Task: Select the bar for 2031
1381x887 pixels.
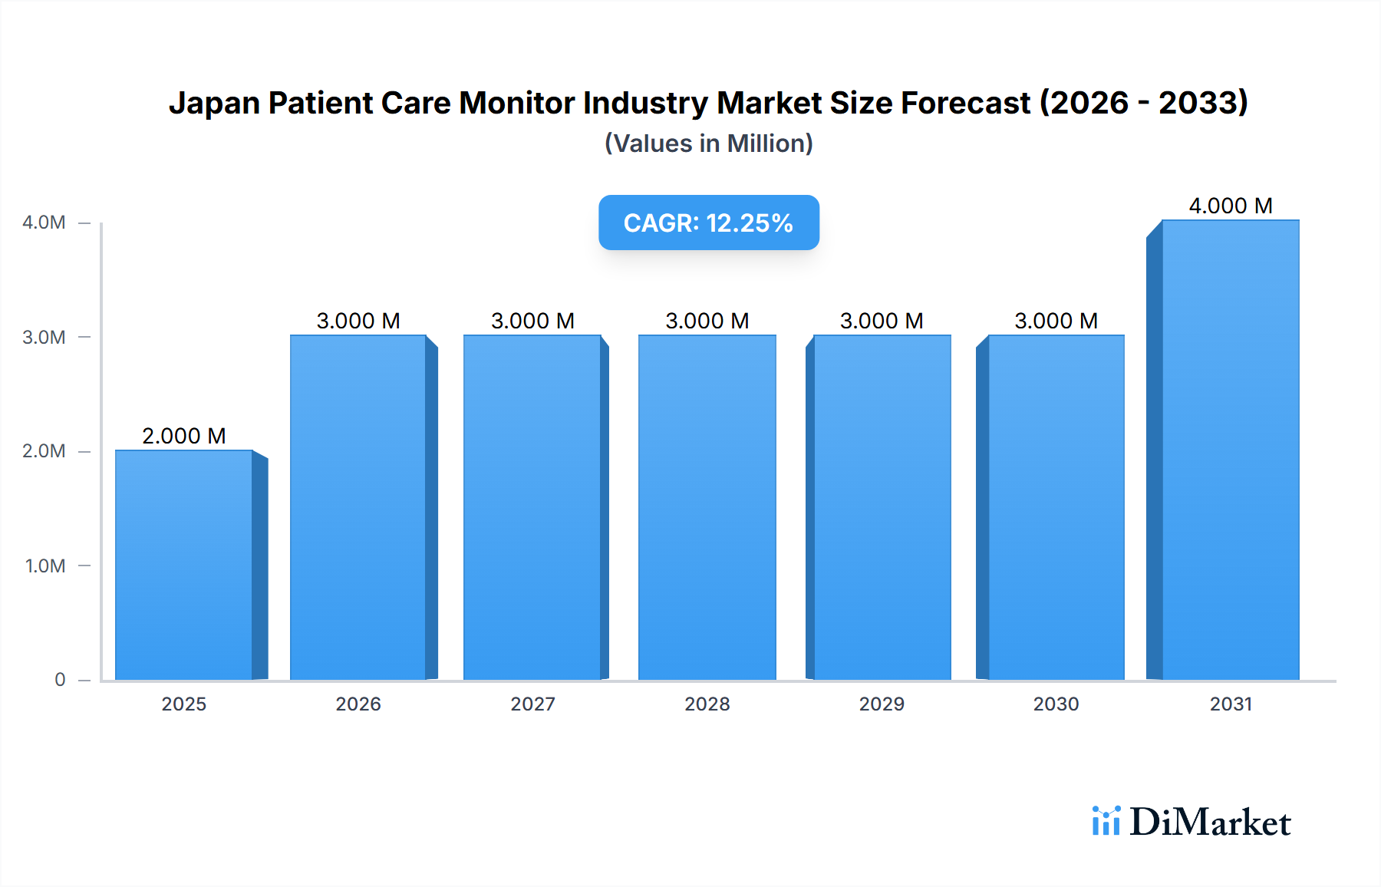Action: pyautogui.click(x=1231, y=450)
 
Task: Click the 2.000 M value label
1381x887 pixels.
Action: pyautogui.click(x=184, y=436)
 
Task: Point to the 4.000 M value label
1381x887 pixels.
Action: pyautogui.click(x=1231, y=206)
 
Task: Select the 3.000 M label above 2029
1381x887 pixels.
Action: pyautogui.click(x=882, y=321)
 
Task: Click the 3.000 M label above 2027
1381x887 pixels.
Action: pyautogui.click(x=532, y=321)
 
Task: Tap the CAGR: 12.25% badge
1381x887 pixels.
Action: pyautogui.click(x=708, y=223)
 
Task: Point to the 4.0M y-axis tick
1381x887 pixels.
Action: pyautogui.click(x=44, y=223)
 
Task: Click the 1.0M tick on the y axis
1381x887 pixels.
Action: pyautogui.click(x=45, y=566)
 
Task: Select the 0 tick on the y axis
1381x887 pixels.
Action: pyautogui.click(x=60, y=680)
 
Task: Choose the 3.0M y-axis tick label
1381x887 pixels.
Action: pyautogui.click(x=44, y=338)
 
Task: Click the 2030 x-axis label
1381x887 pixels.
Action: pyautogui.click(x=1056, y=704)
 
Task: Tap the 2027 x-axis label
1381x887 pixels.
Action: pyautogui.click(x=532, y=704)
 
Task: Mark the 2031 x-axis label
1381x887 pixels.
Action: pyautogui.click(x=1231, y=704)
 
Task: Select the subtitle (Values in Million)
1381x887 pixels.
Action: pyautogui.click(x=708, y=143)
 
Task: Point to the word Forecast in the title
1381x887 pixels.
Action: pyautogui.click(x=965, y=104)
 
